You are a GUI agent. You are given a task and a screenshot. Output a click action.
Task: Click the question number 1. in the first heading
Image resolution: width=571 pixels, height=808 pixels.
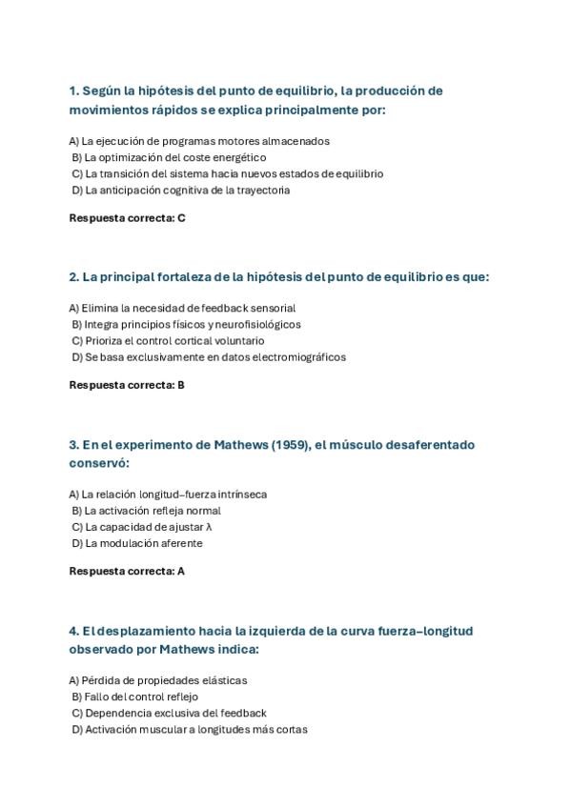[x=74, y=91]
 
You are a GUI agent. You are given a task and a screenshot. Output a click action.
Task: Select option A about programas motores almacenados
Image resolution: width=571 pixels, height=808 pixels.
[x=199, y=141]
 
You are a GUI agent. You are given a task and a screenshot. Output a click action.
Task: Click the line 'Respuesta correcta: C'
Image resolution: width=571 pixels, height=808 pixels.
[x=127, y=218]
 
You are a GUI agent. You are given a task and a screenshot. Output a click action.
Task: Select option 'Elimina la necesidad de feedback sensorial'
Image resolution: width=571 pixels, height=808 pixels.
[x=182, y=308]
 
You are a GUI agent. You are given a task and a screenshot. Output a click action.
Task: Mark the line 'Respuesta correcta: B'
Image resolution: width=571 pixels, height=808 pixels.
[x=127, y=385]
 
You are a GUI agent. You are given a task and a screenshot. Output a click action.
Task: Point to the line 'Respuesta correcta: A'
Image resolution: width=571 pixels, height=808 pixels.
[x=127, y=572]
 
